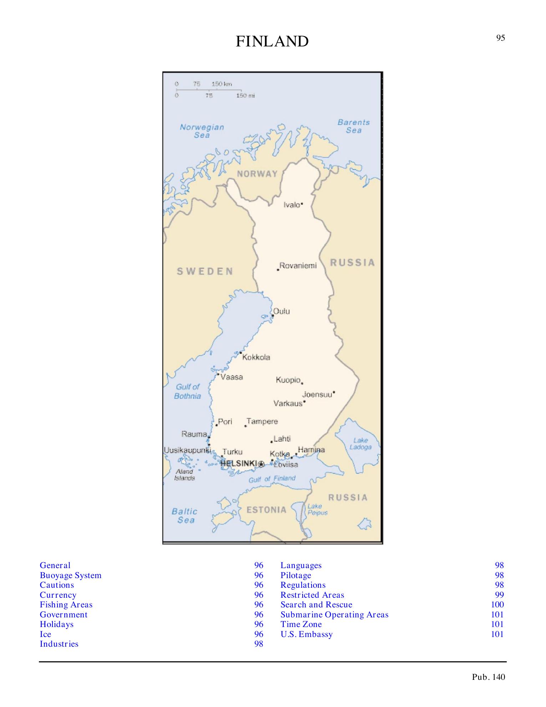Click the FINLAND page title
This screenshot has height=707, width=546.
(272, 41)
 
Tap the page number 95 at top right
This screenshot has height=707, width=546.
(500, 38)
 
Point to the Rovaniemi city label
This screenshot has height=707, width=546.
(298, 266)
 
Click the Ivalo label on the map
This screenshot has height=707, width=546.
(292, 205)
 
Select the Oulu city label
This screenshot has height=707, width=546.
(282, 311)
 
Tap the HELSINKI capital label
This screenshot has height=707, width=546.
(239, 463)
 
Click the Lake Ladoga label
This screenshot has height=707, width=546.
(360, 443)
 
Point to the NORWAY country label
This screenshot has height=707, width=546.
(257, 174)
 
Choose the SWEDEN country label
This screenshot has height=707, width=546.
(205, 271)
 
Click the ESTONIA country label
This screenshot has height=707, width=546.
(267, 510)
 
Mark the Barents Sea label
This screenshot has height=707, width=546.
(354, 126)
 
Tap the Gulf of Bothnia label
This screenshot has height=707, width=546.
(188, 391)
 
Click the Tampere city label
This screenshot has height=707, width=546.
(262, 421)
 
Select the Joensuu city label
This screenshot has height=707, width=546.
(317, 395)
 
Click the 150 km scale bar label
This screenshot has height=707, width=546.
(222, 84)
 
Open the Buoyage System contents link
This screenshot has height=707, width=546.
(71, 575)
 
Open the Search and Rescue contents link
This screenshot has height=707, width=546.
(316, 605)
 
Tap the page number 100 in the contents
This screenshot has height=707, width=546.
(497, 605)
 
